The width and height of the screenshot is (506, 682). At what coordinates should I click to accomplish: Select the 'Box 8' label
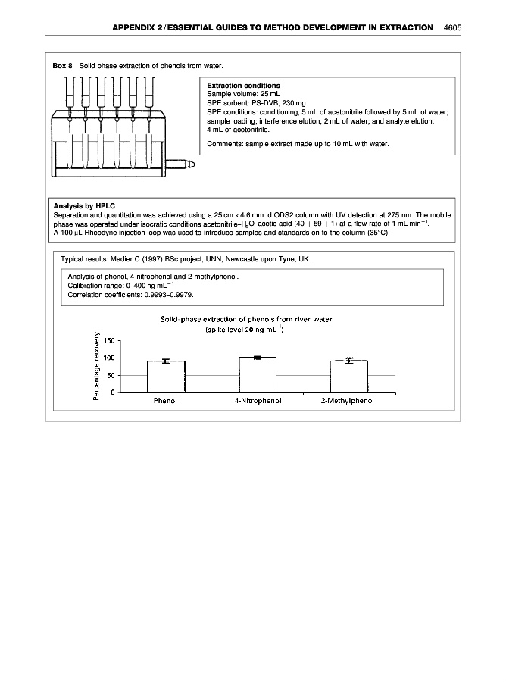pos(62,67)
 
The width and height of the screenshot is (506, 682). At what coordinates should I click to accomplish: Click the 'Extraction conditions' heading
pos(243,86)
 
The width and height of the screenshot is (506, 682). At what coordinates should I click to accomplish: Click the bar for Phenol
pos(166,377)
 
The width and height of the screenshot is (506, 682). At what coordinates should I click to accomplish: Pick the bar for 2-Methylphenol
pos(348,377)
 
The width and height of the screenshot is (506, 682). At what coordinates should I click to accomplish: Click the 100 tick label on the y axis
pos(109,358)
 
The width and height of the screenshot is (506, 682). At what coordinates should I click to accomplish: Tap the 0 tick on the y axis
pos(113,392)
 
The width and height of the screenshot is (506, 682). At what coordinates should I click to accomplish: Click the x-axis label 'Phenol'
pos(165,401)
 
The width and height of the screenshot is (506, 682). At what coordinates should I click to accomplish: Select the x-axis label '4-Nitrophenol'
pos(258,401)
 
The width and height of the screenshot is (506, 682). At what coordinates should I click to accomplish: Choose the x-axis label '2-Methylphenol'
pos(348,401)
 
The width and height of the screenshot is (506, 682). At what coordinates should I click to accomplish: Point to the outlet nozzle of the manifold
pos(183,162)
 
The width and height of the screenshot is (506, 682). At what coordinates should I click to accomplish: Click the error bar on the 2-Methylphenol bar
pos(348,361)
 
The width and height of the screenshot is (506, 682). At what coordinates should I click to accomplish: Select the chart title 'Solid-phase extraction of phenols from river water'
pos(246,319)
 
